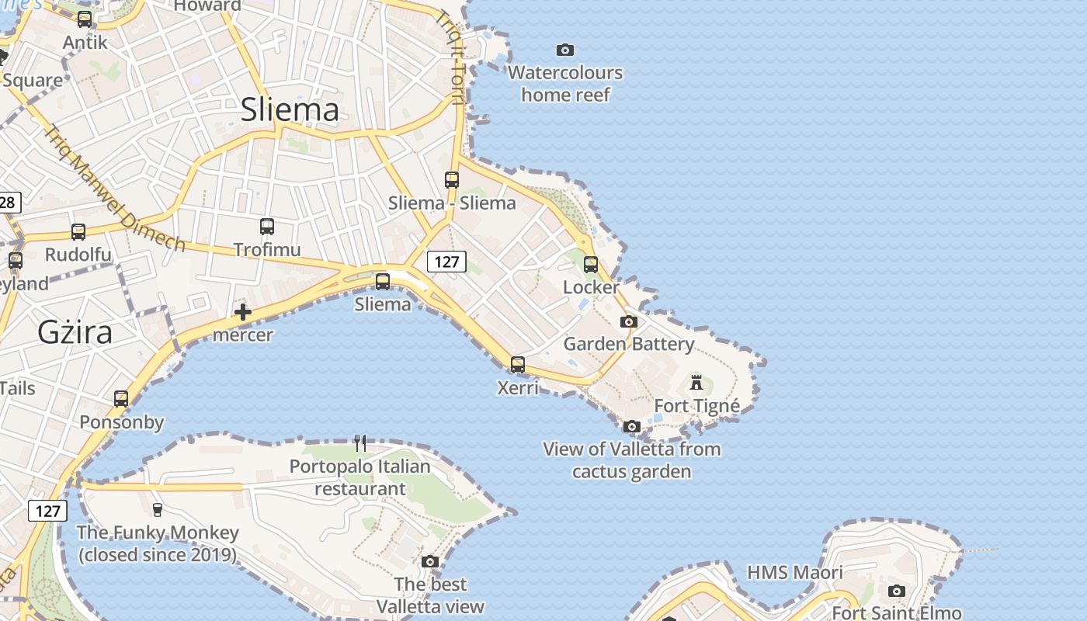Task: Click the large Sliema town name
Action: pos(290,109)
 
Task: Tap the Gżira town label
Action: pos(75,332)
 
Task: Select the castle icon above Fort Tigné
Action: pos(696,382)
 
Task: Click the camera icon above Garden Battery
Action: pos(629,321)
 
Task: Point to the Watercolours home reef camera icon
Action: pos(565,50)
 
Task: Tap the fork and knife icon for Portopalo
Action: pos(360,443)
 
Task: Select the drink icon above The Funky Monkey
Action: pos(158,509)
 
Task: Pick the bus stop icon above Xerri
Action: pos(518,364)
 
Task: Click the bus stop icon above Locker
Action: pos(591,265)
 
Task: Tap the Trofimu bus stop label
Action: pos(266,249)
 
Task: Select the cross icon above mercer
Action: pos(243,312)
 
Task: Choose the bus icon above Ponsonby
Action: pos(121,399)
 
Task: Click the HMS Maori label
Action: pos(794,573)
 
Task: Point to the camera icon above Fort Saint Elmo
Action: pos(897,591)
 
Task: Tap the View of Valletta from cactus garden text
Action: pos(632,460)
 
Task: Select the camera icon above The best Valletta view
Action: pos(430,561)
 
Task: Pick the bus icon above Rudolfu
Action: pos(78,231)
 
